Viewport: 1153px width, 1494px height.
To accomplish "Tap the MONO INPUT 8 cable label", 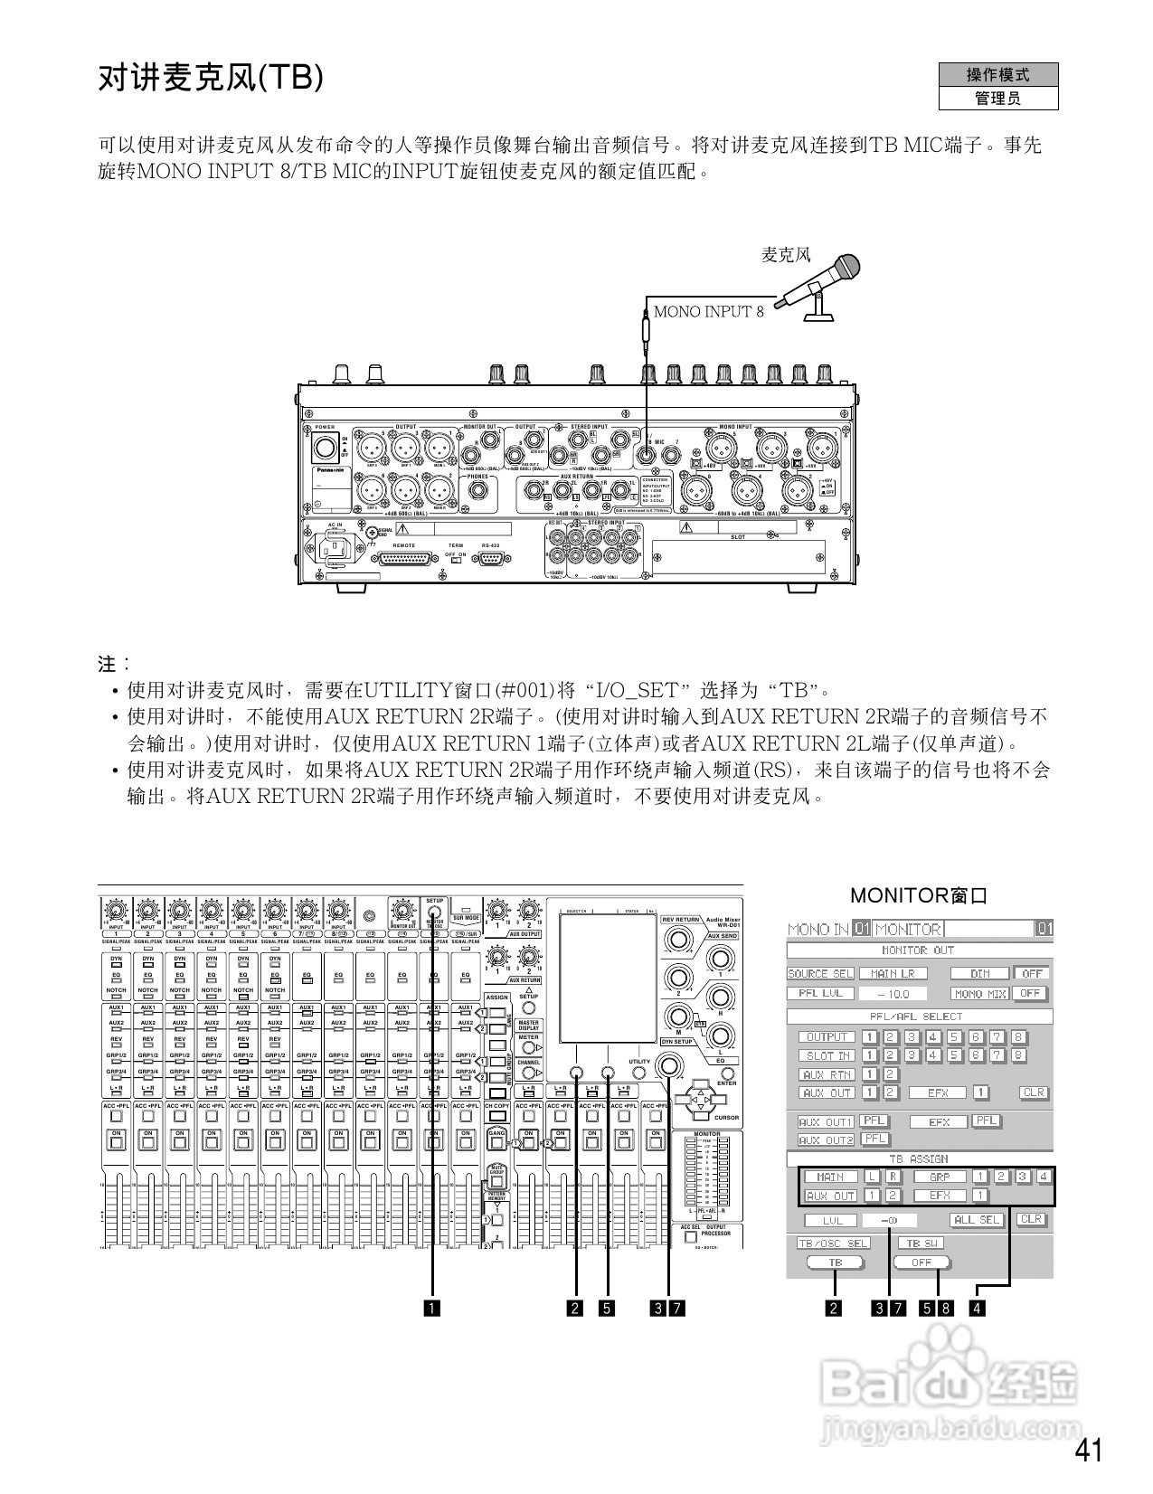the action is tap(708, 312).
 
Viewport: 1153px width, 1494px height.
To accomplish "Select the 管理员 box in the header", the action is tap(997, 99).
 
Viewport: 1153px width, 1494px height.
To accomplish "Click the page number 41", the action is tap(1089, 1450).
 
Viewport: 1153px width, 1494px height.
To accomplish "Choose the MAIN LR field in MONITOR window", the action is tap(892, 973).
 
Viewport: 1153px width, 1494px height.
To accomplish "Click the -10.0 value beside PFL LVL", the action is tap(892, 993).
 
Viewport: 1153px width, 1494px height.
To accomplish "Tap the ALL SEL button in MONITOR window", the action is tap(978, 1219).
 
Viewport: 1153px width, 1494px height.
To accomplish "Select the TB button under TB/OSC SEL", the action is tap(835, 1262).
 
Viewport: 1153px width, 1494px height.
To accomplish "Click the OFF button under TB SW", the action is tap(921, 1262).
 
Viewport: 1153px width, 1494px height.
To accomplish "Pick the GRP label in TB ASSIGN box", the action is tap(940, 1177).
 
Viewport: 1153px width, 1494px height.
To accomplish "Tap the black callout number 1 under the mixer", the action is tap(434, 1307).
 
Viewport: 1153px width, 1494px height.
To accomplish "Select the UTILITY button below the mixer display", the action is tap(639, 1073).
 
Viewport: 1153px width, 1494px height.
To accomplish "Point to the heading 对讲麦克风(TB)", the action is tap(210, 79).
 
